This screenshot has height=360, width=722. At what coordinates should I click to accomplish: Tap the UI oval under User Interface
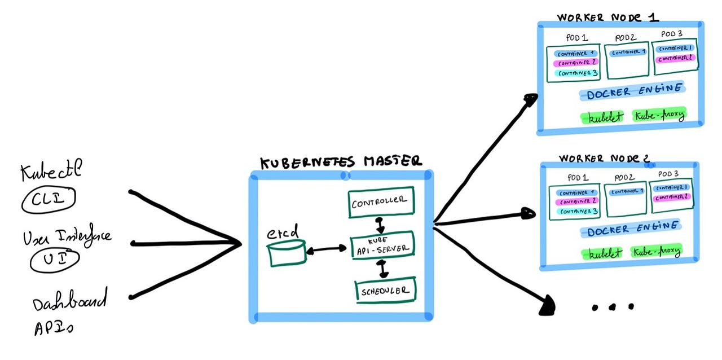pyautogui.click(x=55, y=259)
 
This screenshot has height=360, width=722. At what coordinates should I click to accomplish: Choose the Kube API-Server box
pyautogui.click(x=382, y=244)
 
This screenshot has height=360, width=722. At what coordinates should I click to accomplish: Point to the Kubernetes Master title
pyautogui.click(x=340, y=161)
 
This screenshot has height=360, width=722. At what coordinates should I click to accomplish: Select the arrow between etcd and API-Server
pyautogui.click(x=327, y=248)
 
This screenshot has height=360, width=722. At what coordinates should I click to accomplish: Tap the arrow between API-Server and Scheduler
pyautogui.click(x=384, y=268)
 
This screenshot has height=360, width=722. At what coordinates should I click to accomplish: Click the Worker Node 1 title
pyautogui.click(x=607, y=17)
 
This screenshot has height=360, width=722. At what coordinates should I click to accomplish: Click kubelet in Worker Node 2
pyautogui.click(x=601, y=253)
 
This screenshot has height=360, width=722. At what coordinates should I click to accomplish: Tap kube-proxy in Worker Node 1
pyautogui.click(x=659, y=116)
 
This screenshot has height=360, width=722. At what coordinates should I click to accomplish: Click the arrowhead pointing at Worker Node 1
pyautogui.click(x=530, y=100)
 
